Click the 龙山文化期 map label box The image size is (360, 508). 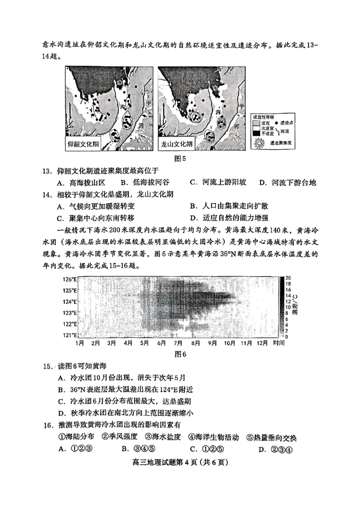pos(176,145)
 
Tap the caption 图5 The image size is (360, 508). pos(180,158)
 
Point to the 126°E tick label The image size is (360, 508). pos(70,279)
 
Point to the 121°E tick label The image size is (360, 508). pos(70,335)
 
